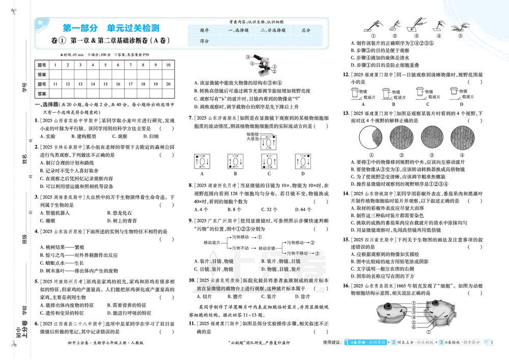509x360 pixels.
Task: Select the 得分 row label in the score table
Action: pyautogui.click(x=205, y=41)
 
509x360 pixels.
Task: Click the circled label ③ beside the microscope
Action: pyautogui.click(x=248, y=58)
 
